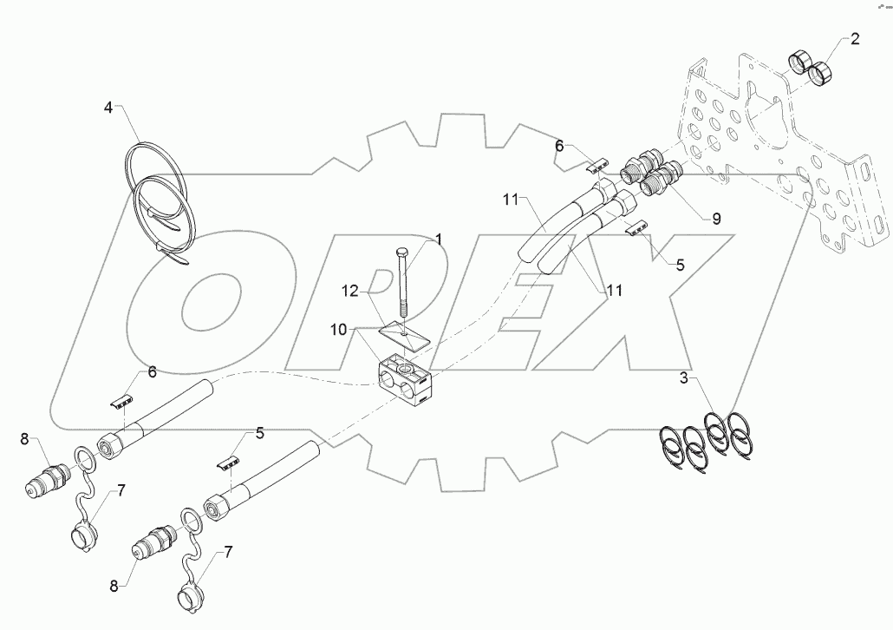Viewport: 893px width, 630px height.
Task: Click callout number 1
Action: pos(439,239)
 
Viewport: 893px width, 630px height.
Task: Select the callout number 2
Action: pos(854,38)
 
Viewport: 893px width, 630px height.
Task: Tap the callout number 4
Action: pos(108,109)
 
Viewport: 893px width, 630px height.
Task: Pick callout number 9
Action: pos(716,220)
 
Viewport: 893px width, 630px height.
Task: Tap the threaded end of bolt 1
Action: pos(403,308)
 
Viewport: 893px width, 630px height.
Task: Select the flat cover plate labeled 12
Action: pos(406,336)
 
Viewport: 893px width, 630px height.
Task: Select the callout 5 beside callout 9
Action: pos(681,266)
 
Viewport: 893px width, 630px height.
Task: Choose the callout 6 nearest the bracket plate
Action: pos(559,148)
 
